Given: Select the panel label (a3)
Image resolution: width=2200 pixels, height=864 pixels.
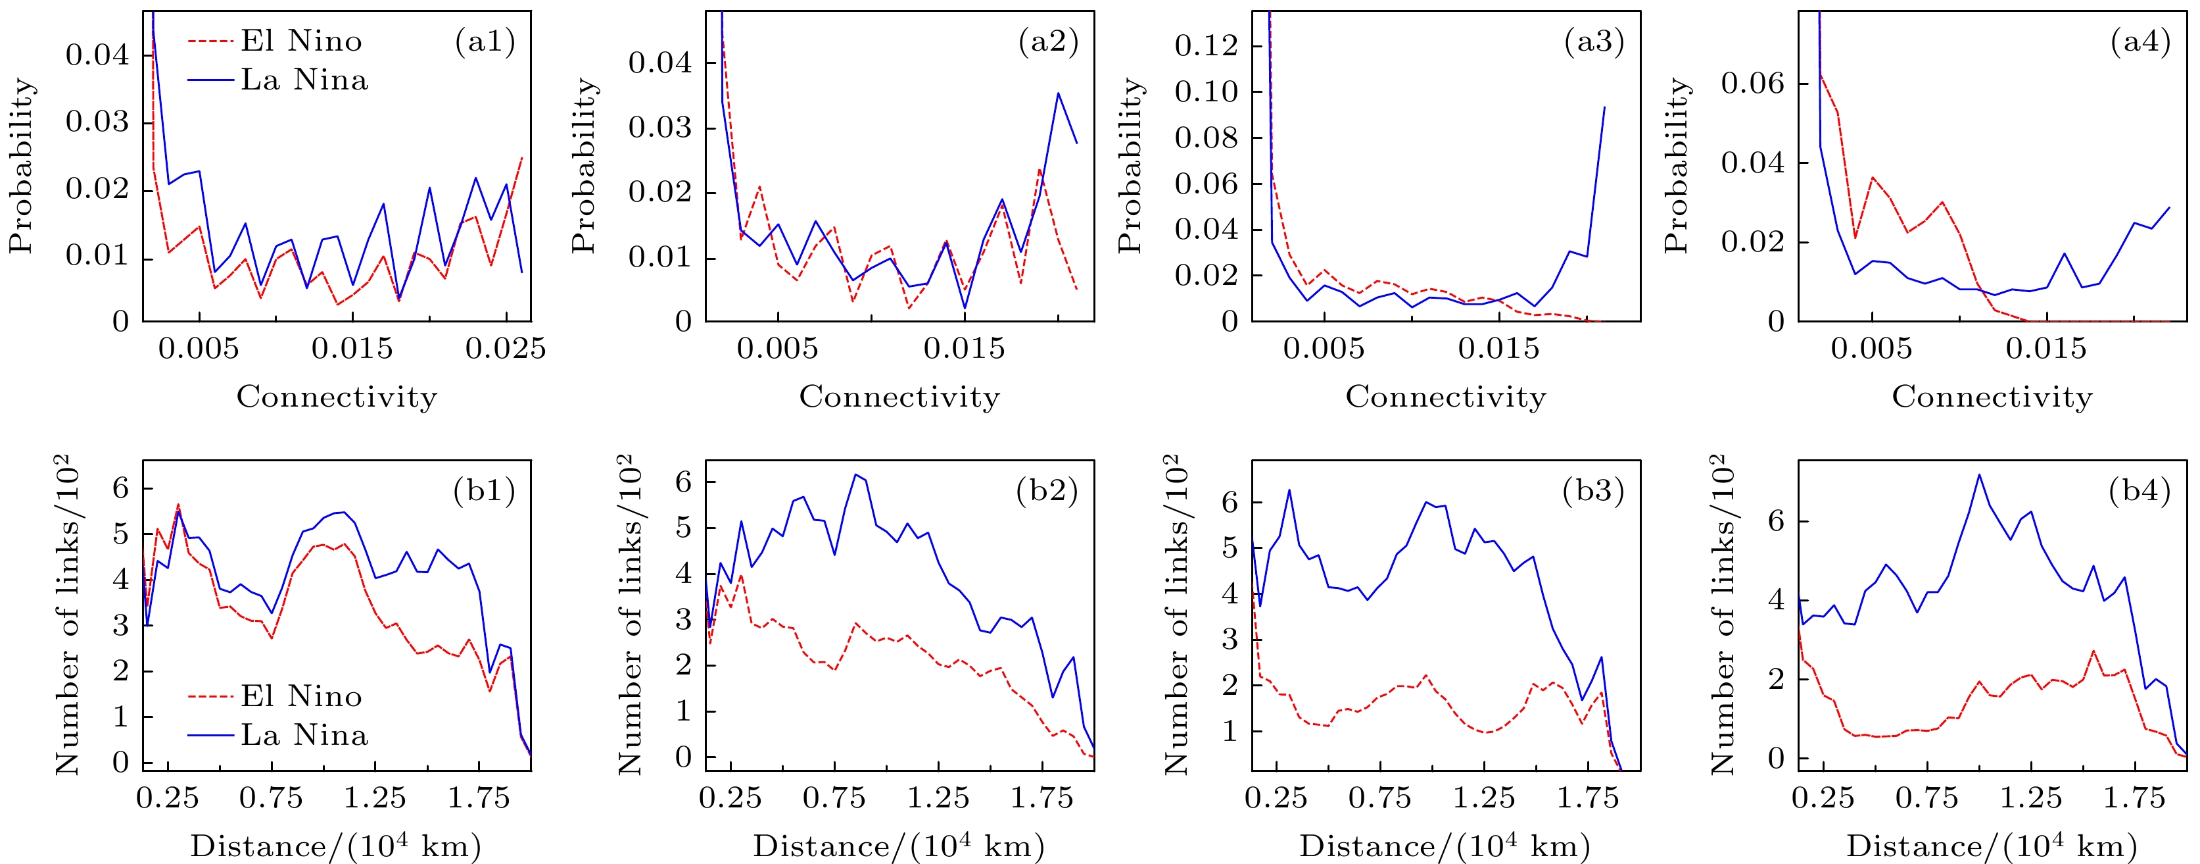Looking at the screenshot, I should tap(1594, 41).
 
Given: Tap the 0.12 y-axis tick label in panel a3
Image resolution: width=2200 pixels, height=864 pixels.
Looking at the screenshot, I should tap(1206, 45).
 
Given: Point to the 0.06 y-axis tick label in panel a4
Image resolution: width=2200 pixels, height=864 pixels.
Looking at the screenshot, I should tap(1752, 84).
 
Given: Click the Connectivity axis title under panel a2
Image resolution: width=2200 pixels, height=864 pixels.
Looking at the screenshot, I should tap(899, 397).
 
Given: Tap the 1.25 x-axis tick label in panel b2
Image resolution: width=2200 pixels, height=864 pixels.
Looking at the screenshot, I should tap(938, 798).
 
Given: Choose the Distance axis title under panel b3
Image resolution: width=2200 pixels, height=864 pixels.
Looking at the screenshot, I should tap(1445, 846).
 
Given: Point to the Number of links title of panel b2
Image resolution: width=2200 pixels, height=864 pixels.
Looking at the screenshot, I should tap(631, 615).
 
